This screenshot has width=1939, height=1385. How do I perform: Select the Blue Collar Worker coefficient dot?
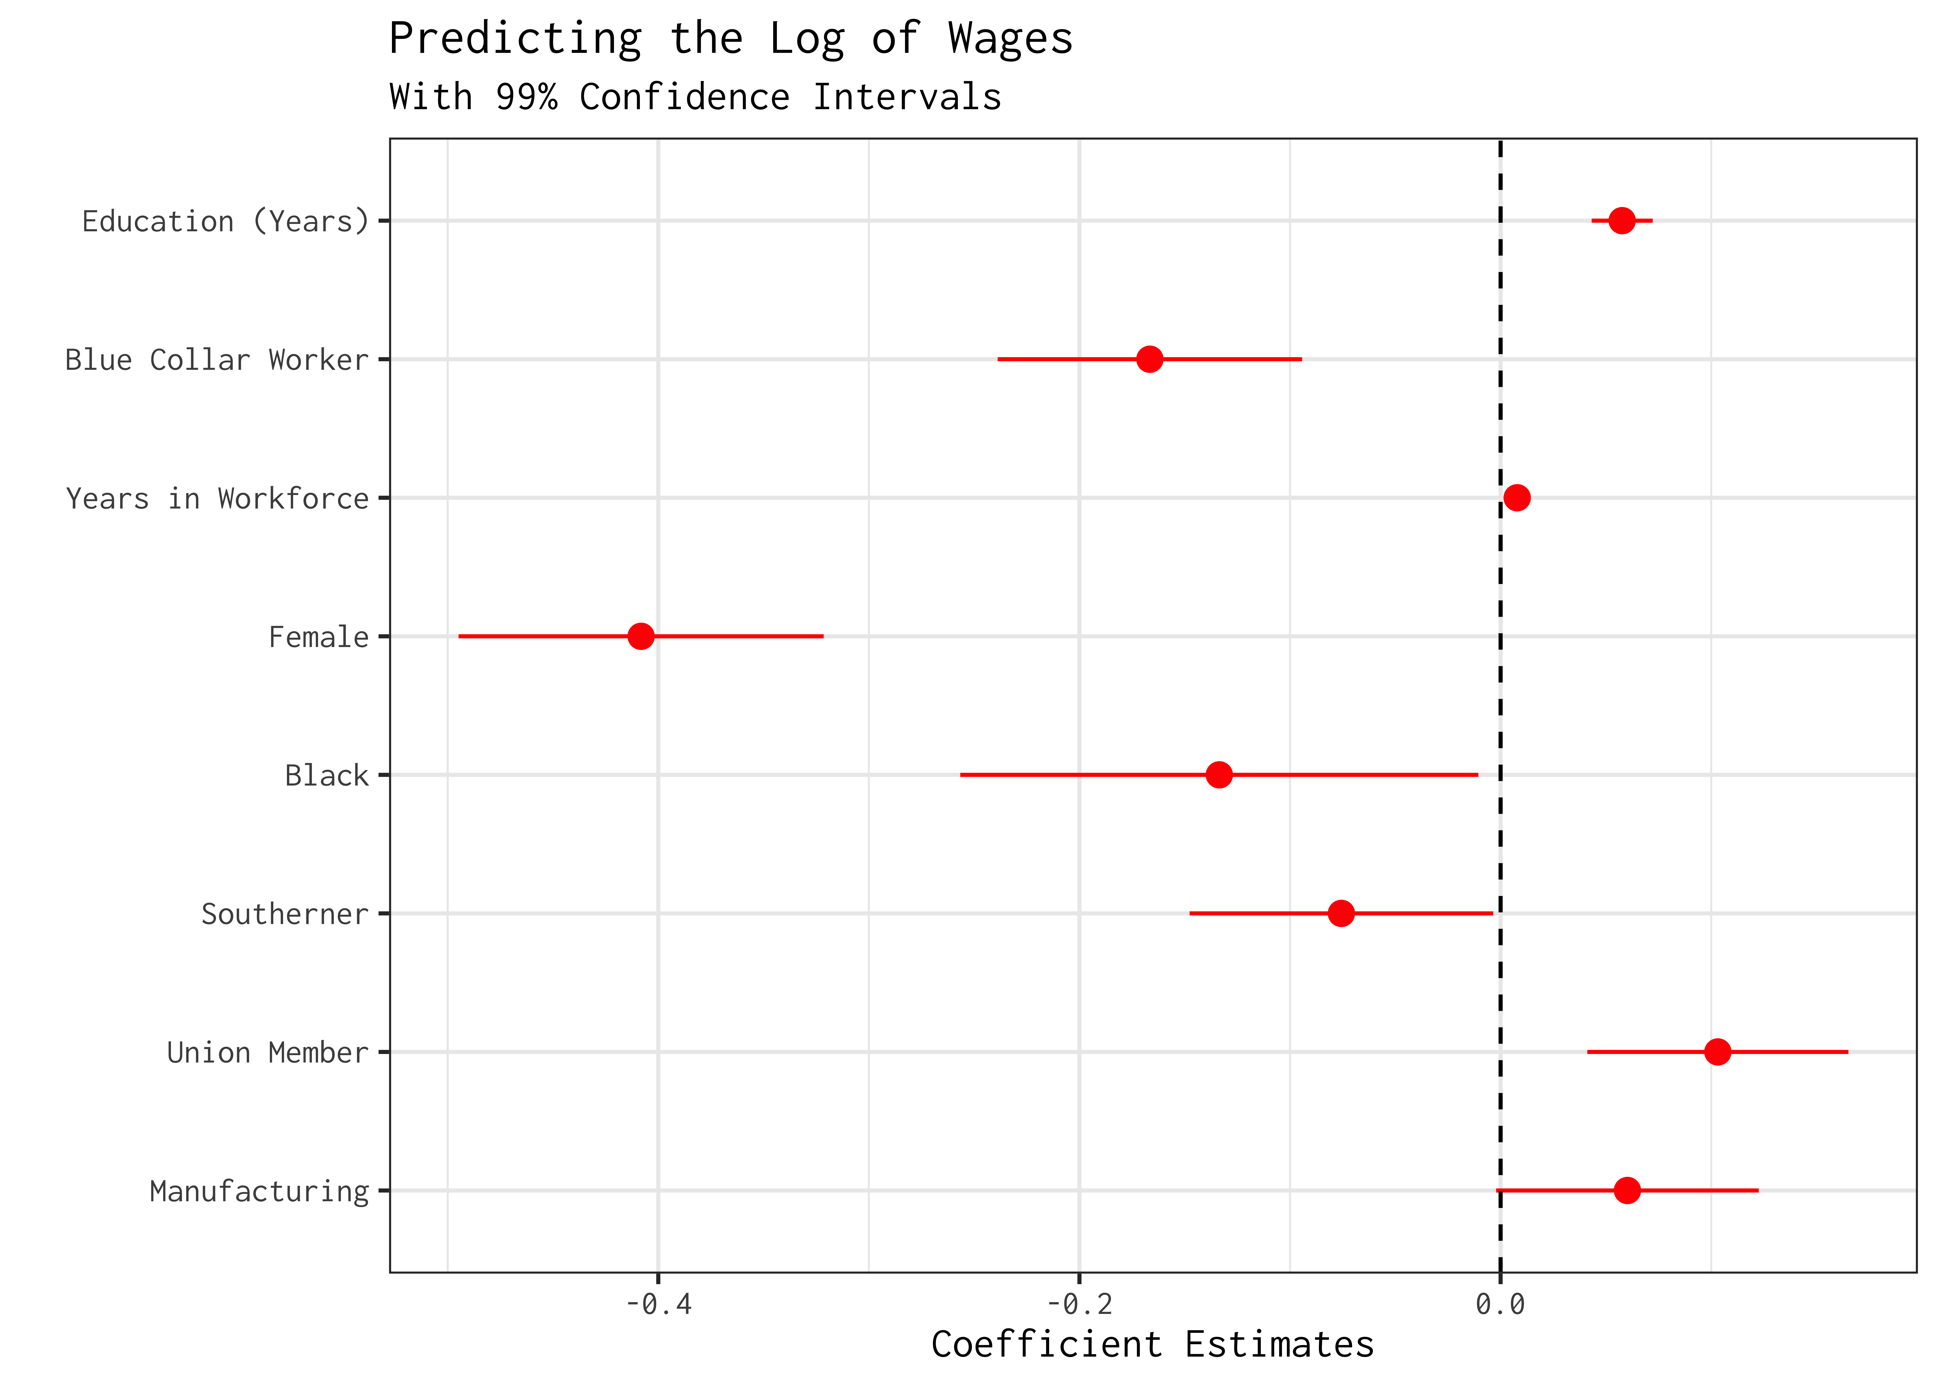[1149, 359]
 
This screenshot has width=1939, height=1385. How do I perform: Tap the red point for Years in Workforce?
[1516, 497]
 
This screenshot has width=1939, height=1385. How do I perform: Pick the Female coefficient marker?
[640, 636]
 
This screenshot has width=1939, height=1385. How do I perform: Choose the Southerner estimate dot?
[1340, 913]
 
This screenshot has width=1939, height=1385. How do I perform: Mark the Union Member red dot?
[1717, 1051]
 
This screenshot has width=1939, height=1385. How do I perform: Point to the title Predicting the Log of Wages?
[730, 39]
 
